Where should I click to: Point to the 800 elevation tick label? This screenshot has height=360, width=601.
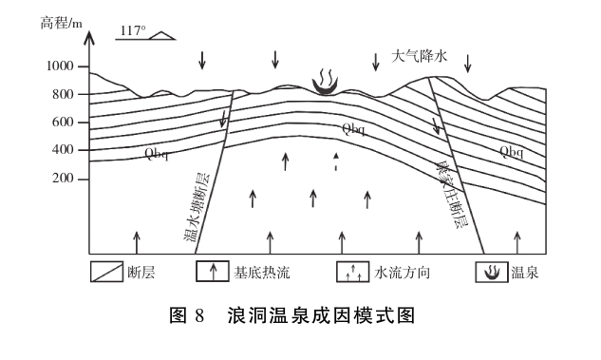pyautogui.click(x=65, y=94)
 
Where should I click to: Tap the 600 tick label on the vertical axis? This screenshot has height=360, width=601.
pyautogui.click(x=65, y=122)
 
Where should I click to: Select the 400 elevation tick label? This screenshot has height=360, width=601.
pyautogui.click(x=65, y=150)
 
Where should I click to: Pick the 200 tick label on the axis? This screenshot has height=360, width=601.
pyautogui.click(x=65, y=179)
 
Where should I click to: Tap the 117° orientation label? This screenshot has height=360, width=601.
pyautogui.click(x=132, y=30)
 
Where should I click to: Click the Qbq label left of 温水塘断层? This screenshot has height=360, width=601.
pyautogui.click(x=156, y=155)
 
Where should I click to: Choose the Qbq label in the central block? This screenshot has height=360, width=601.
pyautogui.click(x=353, y=127)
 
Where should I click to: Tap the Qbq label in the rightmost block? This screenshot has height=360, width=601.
pyautogui.click(x=512, y=152)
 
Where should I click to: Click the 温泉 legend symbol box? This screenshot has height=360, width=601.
pyautogui.click(x=492, y=273)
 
